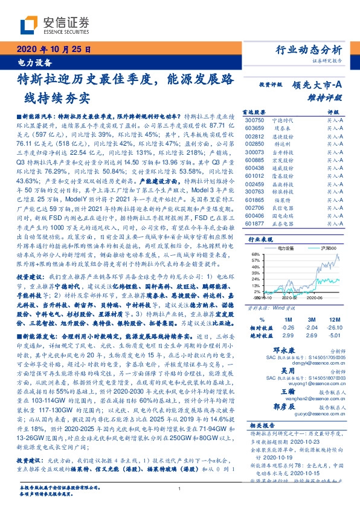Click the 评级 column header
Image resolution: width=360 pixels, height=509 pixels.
[333, 112]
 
